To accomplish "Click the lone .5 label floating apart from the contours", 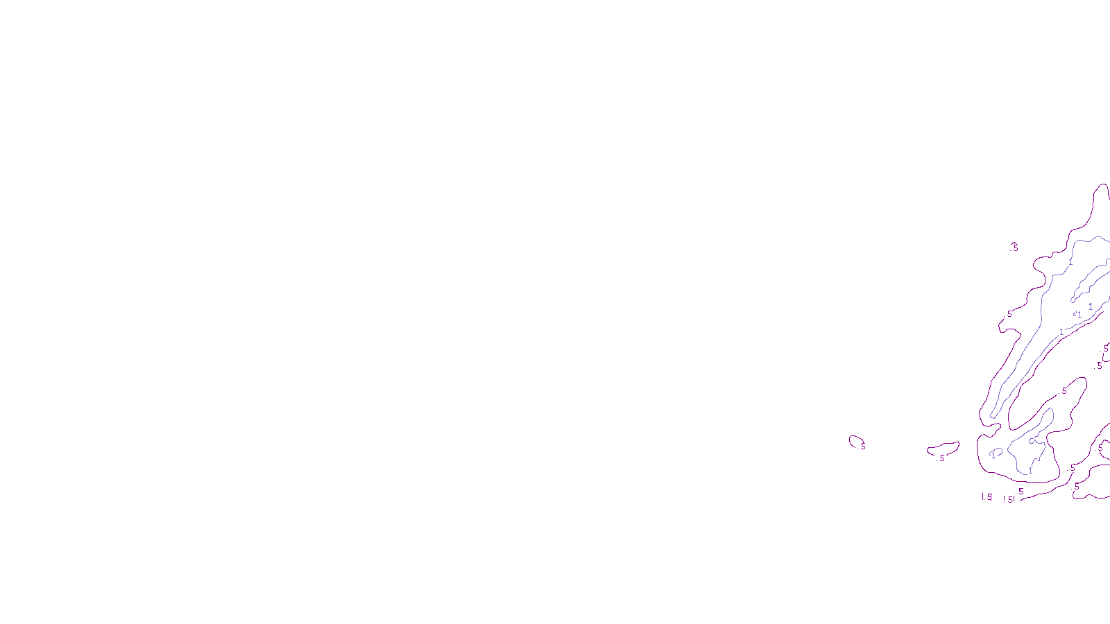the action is (x=1014, y=247).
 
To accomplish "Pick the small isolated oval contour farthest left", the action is (x=855, y=440).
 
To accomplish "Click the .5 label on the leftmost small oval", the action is (x=863, y=447).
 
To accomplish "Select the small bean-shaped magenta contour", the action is (x=943, y=449).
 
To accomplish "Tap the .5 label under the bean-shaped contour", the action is (x=941, y=458).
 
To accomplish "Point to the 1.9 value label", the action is (x=987, y=497).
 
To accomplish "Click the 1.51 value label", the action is (x=1009, y=499).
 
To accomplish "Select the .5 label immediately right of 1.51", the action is (x=1021, y=492).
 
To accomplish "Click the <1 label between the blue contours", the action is (x=1077, y=315).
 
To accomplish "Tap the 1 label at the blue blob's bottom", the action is (x=1030, y=470).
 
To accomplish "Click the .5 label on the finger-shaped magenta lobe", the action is (x=1065, y=391).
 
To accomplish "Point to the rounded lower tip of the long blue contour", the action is (x=993, y=415).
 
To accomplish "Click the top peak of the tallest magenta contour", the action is (x=1102, y=184).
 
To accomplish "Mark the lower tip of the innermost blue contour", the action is (x=1073, y=300).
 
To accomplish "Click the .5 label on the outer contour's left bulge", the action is (x=1009, y=314).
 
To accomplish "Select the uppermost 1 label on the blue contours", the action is (x=1070, y=262).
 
